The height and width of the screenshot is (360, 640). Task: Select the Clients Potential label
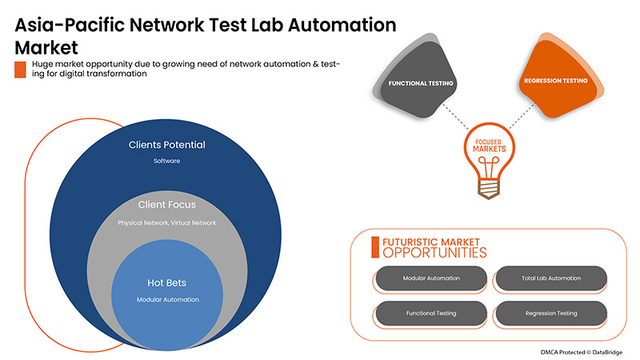point(167,145)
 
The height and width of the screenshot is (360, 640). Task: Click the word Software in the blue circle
point(167,161)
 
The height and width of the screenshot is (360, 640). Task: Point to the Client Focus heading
point(167,206)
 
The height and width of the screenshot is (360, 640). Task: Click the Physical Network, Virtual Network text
point(167,222)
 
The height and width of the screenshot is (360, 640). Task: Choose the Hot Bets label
point(167,282)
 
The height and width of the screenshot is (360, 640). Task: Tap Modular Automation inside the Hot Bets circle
point(167,299)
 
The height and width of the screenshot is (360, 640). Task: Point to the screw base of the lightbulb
point(489,188)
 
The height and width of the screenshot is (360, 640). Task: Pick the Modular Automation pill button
point(430,278)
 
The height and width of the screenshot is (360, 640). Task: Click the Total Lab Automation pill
point(550,278)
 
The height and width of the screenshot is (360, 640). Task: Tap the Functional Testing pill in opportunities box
point(430,313)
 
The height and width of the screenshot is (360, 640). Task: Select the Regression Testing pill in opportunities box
point(550,313)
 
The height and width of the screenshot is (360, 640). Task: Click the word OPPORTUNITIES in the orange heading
point(434,253)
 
